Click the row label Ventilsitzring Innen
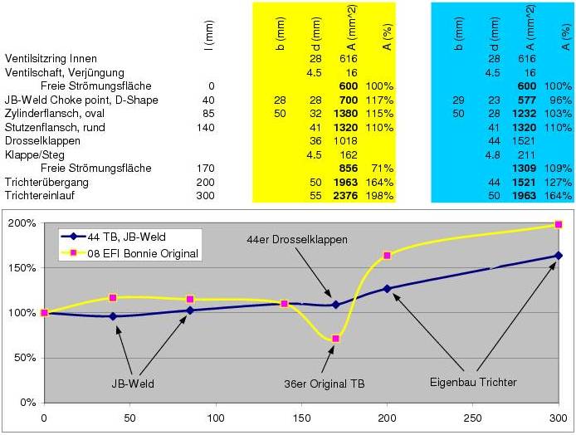pos(51,59)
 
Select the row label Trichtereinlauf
pos(40,196)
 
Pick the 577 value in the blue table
pos(526,100)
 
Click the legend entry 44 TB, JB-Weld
pos(129,237)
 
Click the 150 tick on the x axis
pos(302,418)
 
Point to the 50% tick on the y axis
pos(25,359)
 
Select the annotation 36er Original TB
pos(324,384)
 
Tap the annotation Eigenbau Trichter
pos(473,382)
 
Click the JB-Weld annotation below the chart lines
pos(134,384)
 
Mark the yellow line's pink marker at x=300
pos(559,224)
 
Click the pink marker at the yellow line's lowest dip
pos(335,339)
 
